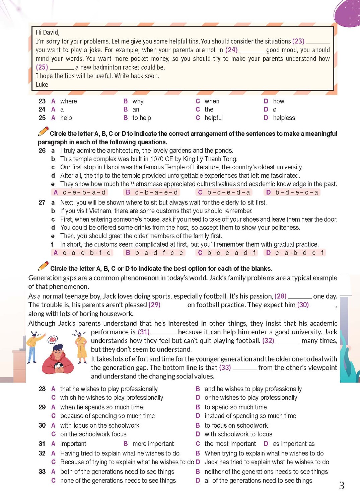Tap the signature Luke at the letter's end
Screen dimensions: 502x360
[x=42, y=85]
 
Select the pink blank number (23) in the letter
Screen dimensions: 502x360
[x=298, y=41]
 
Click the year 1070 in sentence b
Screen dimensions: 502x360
[x=157, y=159]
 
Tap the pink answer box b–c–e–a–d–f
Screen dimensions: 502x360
[x=227, y=253]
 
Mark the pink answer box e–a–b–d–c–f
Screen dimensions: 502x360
[x=294, y=253]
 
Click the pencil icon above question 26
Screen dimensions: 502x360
[x=43, y=132]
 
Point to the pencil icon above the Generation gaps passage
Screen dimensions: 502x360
[x=43, y=266]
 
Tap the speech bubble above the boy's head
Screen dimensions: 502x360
[x=53, y=340]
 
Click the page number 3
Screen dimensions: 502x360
[x=342, y=486]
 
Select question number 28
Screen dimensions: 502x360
[x=42, y=389]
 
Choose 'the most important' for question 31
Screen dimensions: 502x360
[x=230, y=444]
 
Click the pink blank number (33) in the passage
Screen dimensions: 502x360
[x=225, y=367]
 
